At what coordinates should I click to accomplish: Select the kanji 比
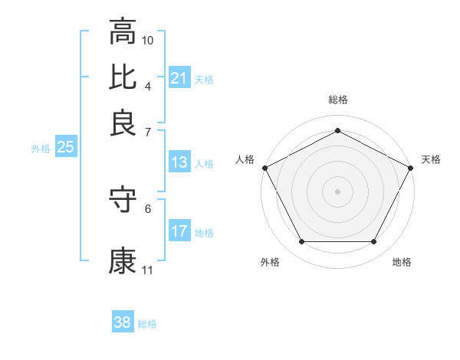[x=123, y=77]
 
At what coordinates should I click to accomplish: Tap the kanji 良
[x=123, y=122]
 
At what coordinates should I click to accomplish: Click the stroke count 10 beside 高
[x=148, y=39]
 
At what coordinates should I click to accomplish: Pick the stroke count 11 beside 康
[x=148, y=270]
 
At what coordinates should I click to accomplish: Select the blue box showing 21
[x=179, y=78]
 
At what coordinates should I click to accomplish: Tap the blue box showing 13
[x=179, y=162]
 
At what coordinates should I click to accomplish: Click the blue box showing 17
[x=179, y=231]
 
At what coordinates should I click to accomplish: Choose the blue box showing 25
[x=65, y=148]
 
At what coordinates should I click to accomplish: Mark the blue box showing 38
[x=123, y=322]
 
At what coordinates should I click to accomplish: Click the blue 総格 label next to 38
[x=147, y=324]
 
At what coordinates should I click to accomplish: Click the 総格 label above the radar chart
[x=337, y=100]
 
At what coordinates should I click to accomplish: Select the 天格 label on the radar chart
[x=431, y=159]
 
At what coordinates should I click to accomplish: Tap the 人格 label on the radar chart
[x=245, y=159]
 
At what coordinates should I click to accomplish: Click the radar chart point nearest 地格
[x=374, y=242]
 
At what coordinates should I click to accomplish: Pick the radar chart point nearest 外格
[x=301, y=242]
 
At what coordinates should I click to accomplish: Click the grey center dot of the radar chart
[x=337, y=191]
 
